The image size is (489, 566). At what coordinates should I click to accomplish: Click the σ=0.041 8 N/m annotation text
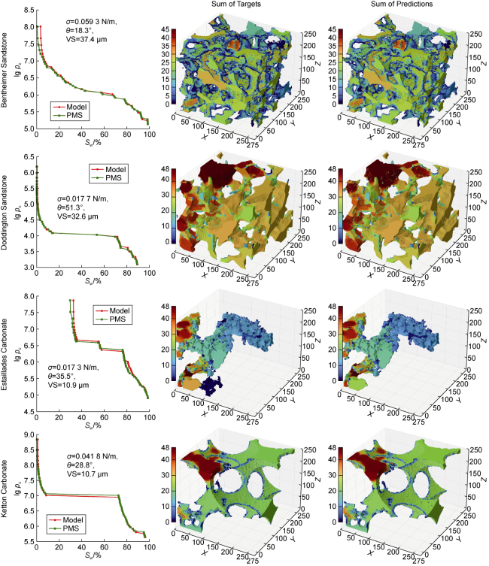click(90, 456)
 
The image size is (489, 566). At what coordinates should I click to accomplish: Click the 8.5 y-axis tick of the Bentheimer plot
click(29, 10)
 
